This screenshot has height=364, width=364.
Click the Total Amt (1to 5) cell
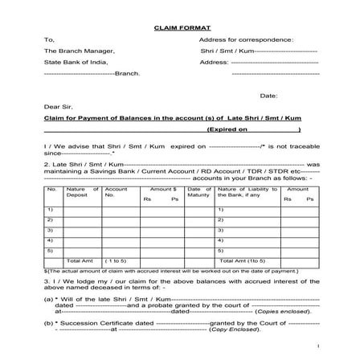pyautogui.click(x=243, y=260)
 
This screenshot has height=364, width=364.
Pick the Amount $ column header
pyautogui.click(x=162, y=188)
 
